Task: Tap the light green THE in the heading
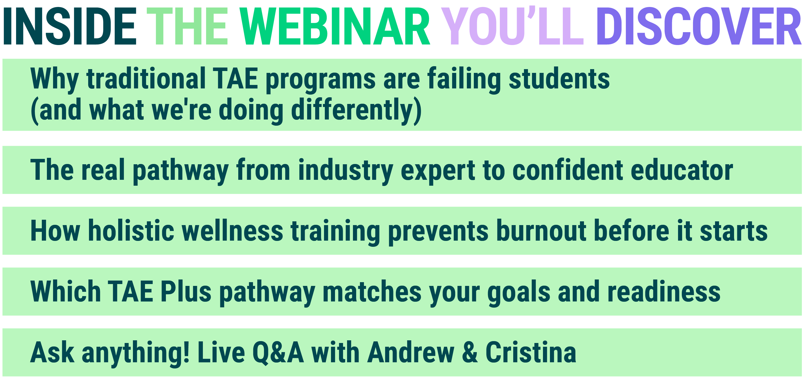(188, 27)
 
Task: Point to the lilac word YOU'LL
(512, 27)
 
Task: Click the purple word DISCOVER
(698, 27)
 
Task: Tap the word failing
(464, 80)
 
